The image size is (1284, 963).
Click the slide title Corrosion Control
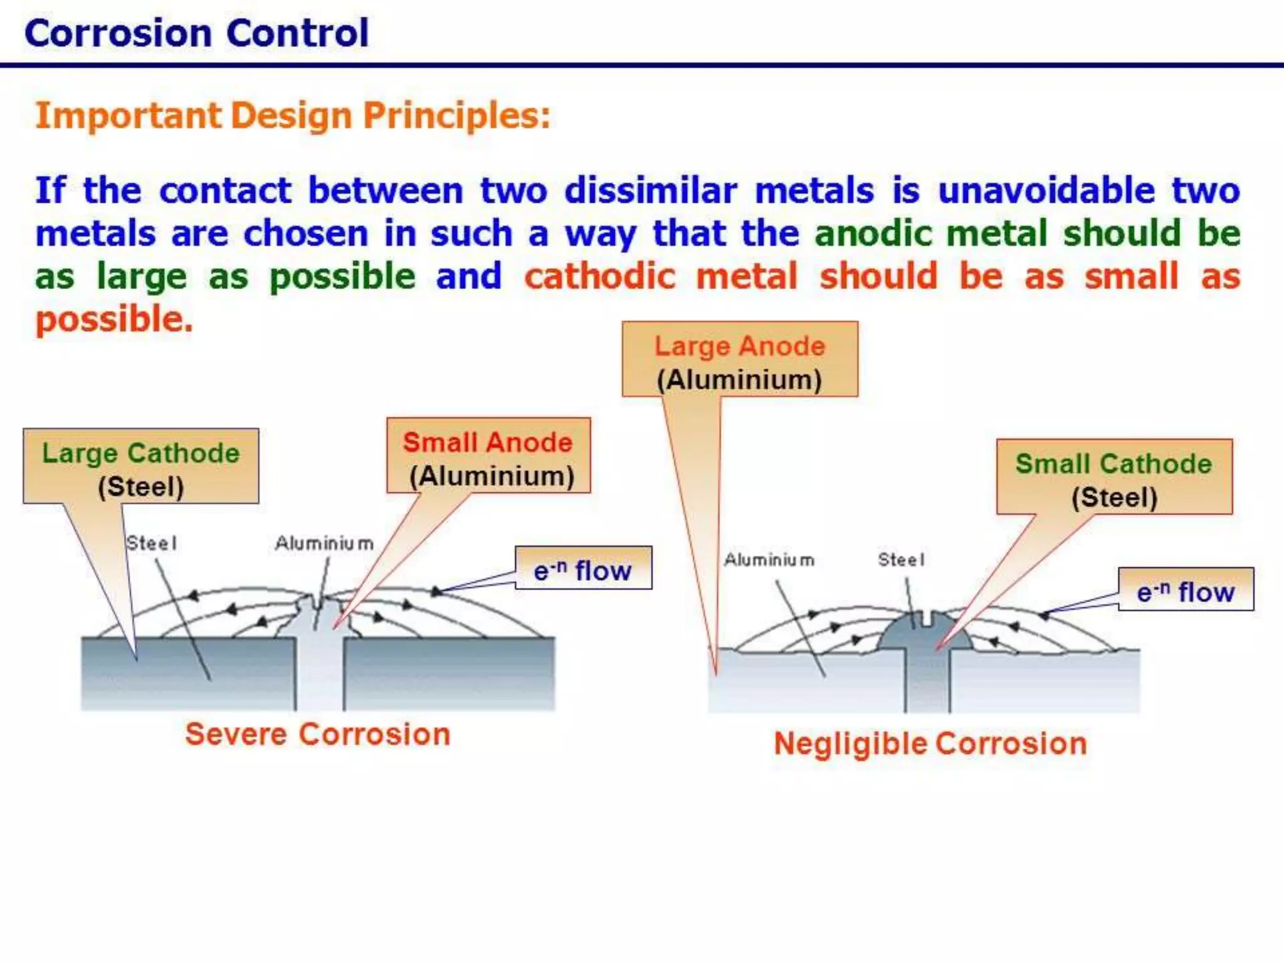tap(196, 33)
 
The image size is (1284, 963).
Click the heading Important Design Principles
tap(293, 116)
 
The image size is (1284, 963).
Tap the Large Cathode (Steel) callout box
tap(141, 466)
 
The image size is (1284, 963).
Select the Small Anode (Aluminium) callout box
tap(488, 456)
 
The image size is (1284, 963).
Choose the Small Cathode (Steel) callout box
tap(1114, 477)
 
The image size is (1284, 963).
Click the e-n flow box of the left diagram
tap(583, 569)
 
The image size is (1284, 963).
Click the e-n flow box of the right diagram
tap(1186, 590)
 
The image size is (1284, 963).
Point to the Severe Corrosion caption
tap(318, 734)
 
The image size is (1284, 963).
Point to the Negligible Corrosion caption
tap(930, 744)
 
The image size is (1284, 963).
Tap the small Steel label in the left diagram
tap(152, 543)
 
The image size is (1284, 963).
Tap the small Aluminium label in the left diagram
tap(324, 543)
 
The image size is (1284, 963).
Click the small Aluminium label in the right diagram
tap(769, 559)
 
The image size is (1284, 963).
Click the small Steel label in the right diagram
tap(901, 559)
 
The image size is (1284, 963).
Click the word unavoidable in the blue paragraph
tap(1046, 191)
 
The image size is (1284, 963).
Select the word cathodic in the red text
tap(600, 276)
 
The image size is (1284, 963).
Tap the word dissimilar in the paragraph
tap(651, 191)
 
